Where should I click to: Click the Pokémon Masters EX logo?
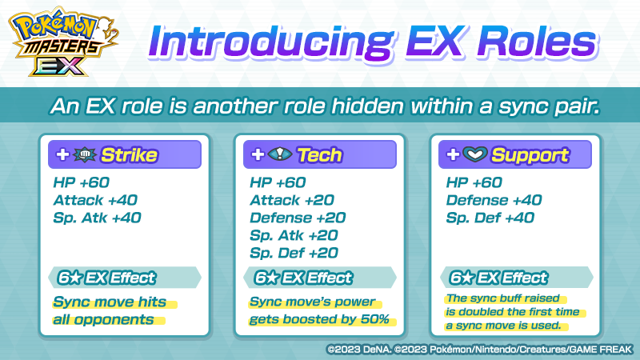[x=64, y=42]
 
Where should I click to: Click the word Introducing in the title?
[x=270, y=42]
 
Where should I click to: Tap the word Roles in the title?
[x=537, y=42]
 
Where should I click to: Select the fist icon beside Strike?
[x=85, y=154]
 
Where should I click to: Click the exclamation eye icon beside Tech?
[x=280, y=154]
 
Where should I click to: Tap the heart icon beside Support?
[x=475, y=154]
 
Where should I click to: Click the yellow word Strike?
[x=129, y=155]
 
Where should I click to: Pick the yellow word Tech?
[x=319, y=155]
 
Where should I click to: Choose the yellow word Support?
[x=530, y=155]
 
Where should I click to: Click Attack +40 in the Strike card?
[x=95, y=200]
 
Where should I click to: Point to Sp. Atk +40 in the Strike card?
[x=97, y=218]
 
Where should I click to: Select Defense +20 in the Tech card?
[x=298, y=218]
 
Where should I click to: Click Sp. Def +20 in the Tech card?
[x=294, y=253]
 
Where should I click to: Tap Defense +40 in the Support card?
[x=494, y=200]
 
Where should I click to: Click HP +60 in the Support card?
[x=474, y=182]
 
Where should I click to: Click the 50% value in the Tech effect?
[x=374, y=319]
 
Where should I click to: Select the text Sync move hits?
[x=110, y=302]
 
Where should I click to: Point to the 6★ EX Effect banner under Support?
[x=516, y=278]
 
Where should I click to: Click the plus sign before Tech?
[x=258, y=154]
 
